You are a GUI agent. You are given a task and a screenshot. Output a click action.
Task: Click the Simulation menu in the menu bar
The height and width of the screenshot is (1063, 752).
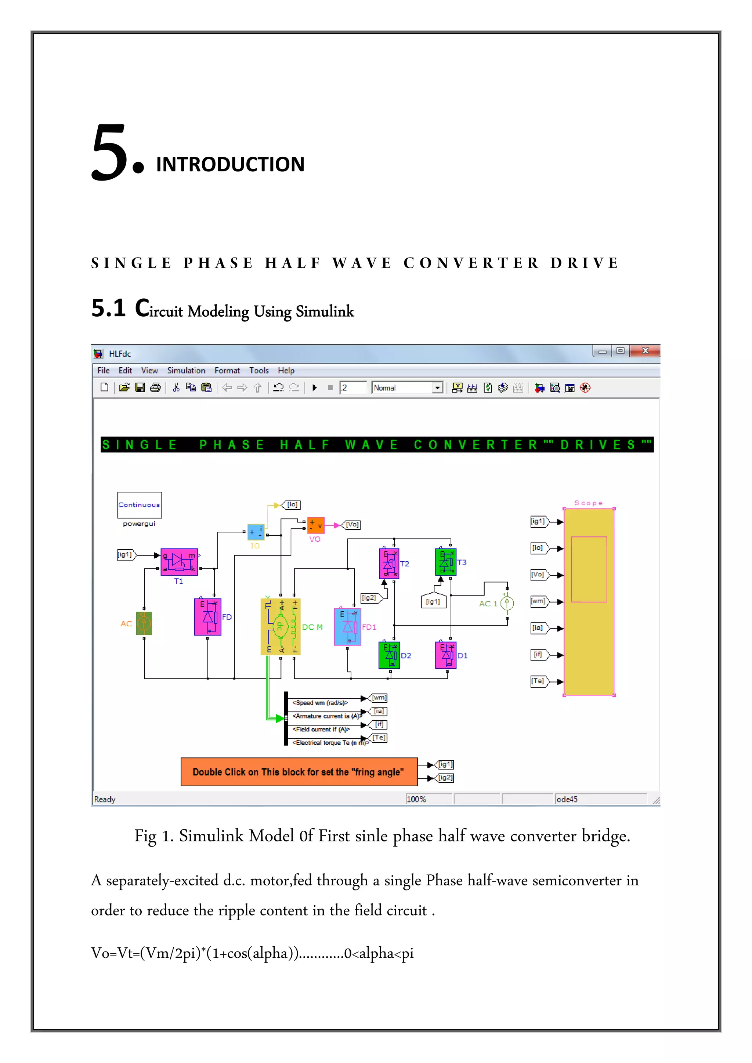186,370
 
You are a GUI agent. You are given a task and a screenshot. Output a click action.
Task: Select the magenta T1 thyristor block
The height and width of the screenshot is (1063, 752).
179,562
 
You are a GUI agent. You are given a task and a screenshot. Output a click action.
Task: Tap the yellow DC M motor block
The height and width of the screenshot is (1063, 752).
280,626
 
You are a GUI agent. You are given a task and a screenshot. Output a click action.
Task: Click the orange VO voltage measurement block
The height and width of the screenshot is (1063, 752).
316,525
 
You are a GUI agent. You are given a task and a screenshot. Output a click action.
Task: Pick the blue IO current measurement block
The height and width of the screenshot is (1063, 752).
256,532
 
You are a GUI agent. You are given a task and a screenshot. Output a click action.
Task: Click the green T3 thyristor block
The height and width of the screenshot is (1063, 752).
446,562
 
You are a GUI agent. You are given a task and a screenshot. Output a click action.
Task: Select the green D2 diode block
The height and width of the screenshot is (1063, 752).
389,655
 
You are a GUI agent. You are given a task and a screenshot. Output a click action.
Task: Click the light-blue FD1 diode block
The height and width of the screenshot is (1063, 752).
347,627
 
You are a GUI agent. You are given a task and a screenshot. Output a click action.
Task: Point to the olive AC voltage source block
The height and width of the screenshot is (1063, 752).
144,624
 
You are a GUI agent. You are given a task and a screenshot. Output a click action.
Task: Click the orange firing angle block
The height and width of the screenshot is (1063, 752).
299,772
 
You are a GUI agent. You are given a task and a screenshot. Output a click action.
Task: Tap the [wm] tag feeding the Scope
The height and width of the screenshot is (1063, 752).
538,601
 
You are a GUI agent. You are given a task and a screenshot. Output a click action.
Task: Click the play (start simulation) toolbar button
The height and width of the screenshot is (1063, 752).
315,387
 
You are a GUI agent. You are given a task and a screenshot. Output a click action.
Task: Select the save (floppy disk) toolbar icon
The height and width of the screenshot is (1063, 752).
140,387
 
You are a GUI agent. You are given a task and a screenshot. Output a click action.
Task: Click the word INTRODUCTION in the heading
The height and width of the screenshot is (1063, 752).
230,164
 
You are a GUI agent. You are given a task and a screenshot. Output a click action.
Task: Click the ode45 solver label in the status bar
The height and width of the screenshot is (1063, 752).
567,799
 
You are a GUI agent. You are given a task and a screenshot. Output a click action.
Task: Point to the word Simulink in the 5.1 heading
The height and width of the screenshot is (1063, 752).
325,311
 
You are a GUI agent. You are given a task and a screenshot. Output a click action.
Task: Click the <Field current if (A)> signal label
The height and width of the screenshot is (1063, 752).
321,729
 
